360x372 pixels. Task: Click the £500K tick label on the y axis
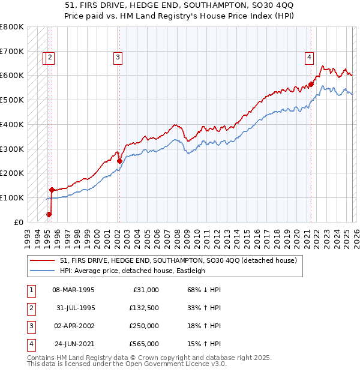(12, 100)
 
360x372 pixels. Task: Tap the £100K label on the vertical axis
(12, 197)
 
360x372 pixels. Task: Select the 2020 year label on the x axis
(296, 234)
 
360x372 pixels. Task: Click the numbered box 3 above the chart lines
(118, 58)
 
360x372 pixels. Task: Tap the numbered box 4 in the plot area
(309, 58)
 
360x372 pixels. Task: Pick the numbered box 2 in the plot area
(50, 58)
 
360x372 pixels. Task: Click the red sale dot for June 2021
(311, 84)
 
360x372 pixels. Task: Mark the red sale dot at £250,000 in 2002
(119, 161)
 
